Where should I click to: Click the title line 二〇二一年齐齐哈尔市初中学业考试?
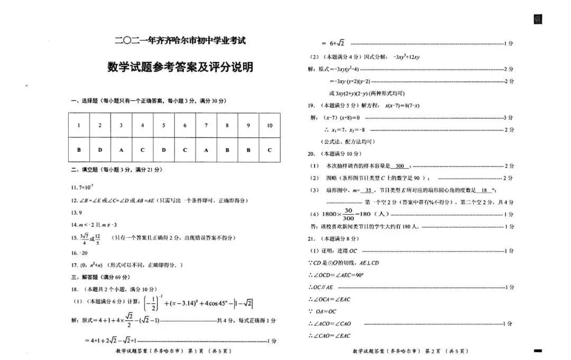point(180,40)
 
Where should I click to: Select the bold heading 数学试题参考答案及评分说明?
point(180,67)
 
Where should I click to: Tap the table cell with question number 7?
point(206,125)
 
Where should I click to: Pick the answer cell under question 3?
point(121,150)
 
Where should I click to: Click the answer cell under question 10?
point(270,150)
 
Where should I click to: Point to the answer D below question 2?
point(100,150)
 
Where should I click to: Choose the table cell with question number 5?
point(163,125)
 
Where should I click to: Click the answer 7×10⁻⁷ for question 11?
point(86,187)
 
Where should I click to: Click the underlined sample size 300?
point(400,166)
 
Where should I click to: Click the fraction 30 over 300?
point(347,214)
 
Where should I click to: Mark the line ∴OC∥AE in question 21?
point(321,287)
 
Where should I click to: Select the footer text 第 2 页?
point(434,351)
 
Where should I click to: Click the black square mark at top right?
point(538,20)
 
